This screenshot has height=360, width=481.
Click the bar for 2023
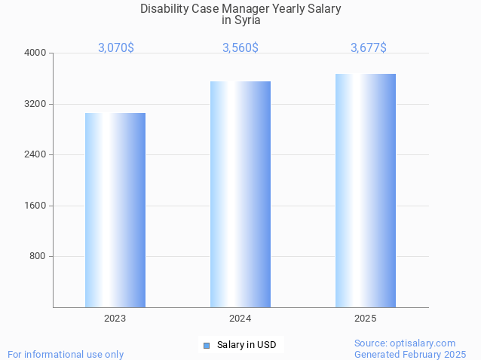[115, 210]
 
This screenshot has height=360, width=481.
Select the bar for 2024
[240, 194]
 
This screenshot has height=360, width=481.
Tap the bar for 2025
[366, 191]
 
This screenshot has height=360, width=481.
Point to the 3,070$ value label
[116, 47]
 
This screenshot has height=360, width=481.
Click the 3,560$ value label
[240, 47]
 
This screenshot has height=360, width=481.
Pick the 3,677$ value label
[369, 47]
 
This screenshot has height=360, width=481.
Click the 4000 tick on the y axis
[36, 53]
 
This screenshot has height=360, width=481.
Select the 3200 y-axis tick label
[36, 104]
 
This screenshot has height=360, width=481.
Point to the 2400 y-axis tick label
[36, 154]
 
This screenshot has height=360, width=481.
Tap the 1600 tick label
[36, 206]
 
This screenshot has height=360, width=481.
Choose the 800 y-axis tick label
[38, 256]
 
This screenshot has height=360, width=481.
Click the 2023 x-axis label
[115, 319]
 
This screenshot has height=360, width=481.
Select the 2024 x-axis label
[240, 319]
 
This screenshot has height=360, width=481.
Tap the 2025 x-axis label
[366, 319]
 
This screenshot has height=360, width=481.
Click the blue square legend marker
[206, 346]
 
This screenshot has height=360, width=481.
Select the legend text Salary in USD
[247, 346]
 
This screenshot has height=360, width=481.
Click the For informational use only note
[66, 354]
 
